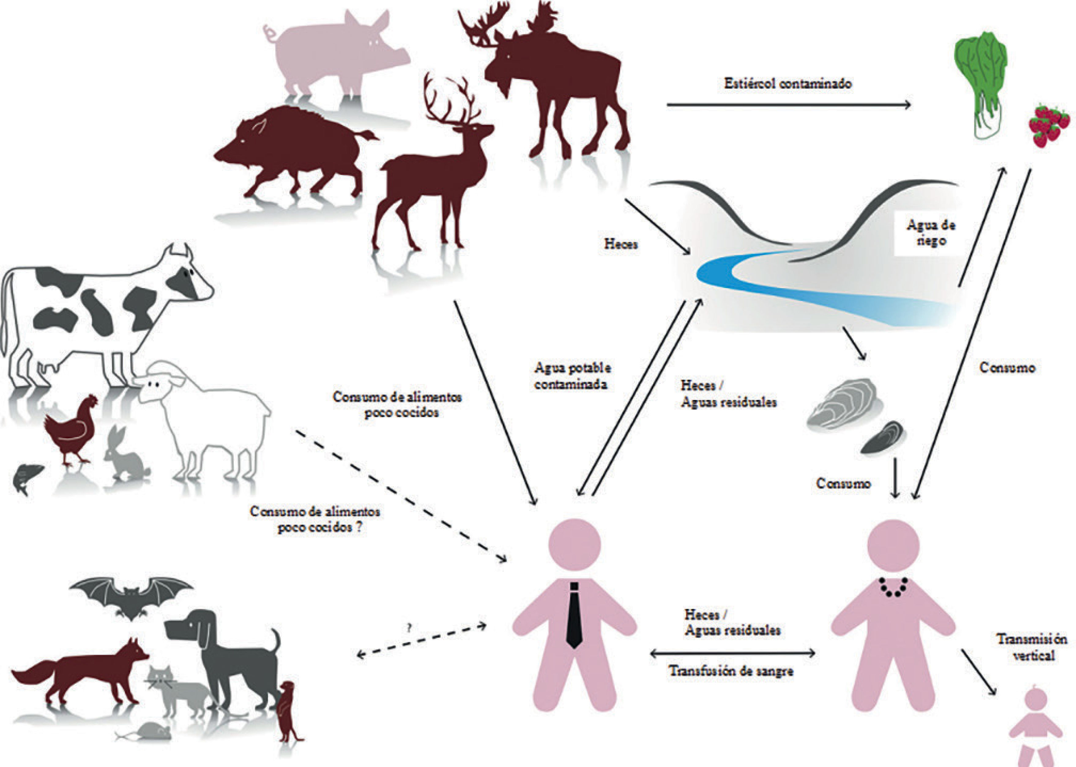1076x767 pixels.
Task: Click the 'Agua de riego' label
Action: point(930,232)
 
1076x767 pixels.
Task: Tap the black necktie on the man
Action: point(574,614)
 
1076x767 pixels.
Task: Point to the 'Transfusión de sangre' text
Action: point(731,671)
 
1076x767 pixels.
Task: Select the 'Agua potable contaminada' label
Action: point(572,376)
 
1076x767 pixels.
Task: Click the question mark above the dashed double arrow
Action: point(409,628)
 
